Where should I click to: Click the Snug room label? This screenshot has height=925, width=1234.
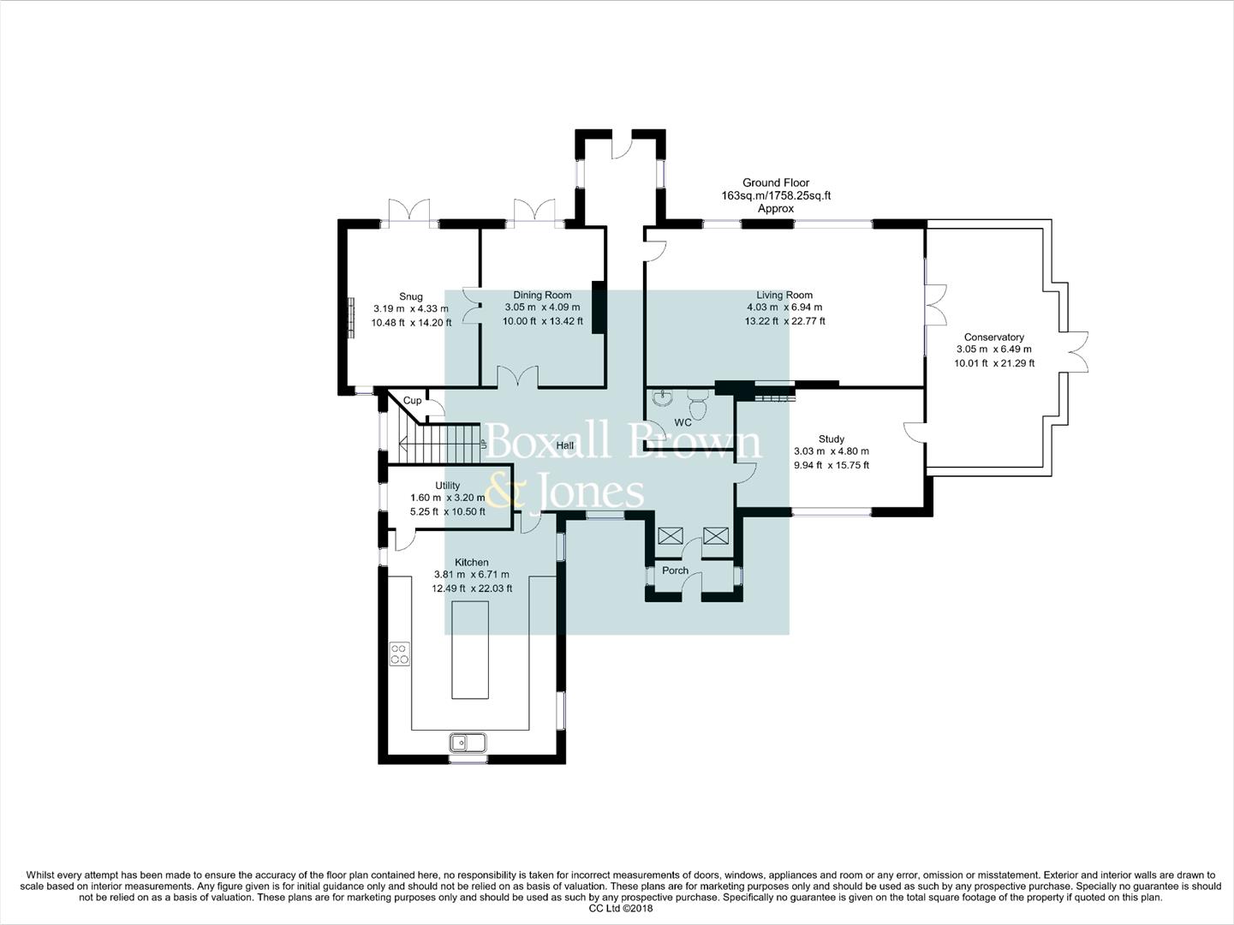coord(410,296)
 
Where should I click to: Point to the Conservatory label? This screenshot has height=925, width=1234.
coord(993,337)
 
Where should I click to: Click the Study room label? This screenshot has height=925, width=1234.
coord(831,439)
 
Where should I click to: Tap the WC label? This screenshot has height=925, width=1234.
coord(683,422)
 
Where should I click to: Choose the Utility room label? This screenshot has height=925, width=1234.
coord(447,485)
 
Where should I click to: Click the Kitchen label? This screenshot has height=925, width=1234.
coord(472,563)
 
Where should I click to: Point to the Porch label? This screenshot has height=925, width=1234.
coord(675,570)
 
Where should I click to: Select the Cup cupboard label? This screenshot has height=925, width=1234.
coord(412,400)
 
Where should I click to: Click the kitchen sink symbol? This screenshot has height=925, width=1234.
coord(468,742)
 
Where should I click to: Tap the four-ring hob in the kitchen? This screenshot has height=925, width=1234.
coord(399,654)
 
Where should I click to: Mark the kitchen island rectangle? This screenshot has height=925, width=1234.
coord(469,649)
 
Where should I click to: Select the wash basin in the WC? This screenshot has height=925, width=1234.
coord(662,399)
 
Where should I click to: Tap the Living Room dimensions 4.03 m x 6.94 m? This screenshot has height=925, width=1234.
coord(784,307)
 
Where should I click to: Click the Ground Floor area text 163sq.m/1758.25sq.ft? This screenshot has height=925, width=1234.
coord(776,195)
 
